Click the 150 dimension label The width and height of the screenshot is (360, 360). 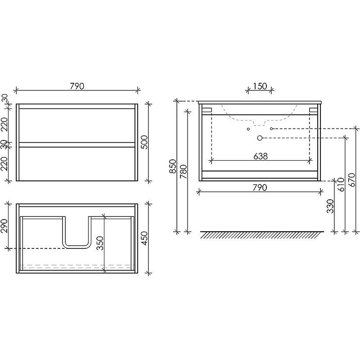tap(260, 86)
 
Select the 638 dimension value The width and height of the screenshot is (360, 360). tap(261, 156)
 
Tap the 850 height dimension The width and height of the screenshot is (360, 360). tap(173, 166)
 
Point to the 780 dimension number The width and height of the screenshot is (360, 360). tap(184, 171)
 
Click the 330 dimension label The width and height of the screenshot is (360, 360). tap(330, 206)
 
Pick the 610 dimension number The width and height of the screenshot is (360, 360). tap(341, 184)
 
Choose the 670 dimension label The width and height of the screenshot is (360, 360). tap(351, 180)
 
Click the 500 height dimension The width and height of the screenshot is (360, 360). tap(144, 142)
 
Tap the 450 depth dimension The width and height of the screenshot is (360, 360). tap(144, 238)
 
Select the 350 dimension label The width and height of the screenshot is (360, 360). tap(100, 243)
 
